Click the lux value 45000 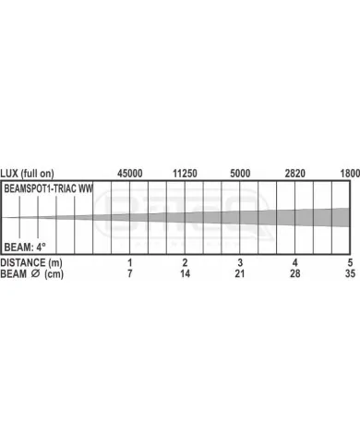(129, 174)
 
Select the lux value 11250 (185, 174)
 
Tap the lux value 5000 (240, 174)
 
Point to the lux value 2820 (295, 174)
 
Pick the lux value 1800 (350, 174)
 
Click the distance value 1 (130, 262)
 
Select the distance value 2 (185, 262)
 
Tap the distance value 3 (240, 262)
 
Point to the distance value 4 (295, 262)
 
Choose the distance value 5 (350, 262)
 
